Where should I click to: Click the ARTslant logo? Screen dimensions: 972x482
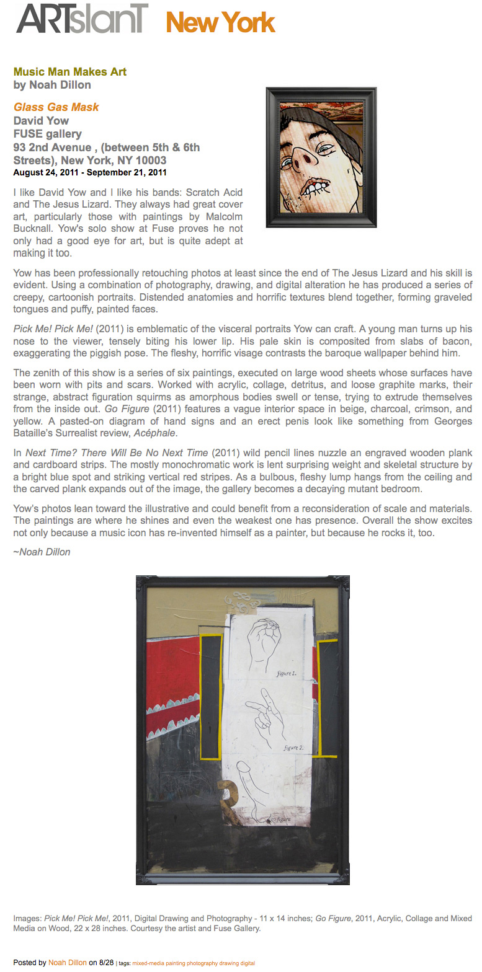tap(83, 19)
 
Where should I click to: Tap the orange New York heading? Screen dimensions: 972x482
tap(220, 24)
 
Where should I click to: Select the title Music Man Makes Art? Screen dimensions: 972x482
tap(69, 72)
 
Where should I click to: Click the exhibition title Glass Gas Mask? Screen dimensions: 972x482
tap(56, 107)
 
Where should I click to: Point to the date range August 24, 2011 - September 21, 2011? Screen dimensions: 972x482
tap(89, 172)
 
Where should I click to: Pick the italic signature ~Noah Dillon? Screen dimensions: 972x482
tap(42, 552)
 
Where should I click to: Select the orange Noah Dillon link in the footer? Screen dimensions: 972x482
tap(67, 963)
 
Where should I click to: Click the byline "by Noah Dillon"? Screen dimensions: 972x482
tap(52, 85)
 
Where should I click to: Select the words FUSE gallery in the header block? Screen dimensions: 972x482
tap(48, 134)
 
